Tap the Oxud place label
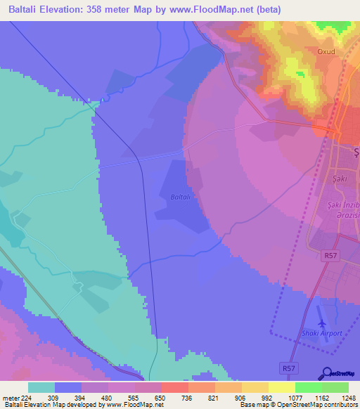click(327, 51)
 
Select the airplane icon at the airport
click(322, 323)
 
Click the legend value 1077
click(294, 397)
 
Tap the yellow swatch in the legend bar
click(281, 387)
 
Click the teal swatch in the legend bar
click(41, 387)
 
